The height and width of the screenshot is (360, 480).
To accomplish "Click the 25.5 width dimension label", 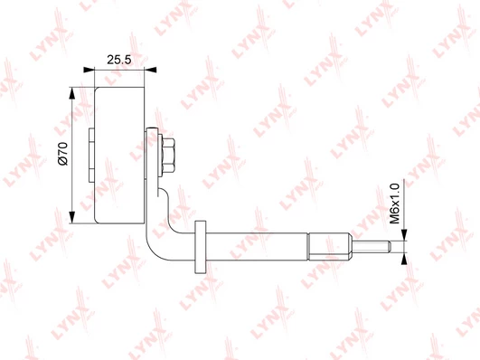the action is click(119, 60).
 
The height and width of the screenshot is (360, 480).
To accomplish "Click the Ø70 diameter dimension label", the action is click(63, 154).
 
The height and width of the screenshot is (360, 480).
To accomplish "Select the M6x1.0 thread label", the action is click(395, 204).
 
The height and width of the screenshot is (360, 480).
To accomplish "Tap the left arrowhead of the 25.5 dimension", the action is click(89, 70).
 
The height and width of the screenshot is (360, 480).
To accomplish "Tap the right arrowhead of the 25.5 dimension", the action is click(151, 70).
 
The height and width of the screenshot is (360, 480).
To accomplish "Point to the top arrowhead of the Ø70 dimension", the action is click(72, 93).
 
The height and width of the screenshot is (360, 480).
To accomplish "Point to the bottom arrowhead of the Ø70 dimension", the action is click(72, 217).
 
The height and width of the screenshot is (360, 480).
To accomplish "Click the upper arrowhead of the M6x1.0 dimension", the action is click(404, 234).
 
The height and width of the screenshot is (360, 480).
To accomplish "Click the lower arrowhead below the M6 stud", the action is click(404, 259).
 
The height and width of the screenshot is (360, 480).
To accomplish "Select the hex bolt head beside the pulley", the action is click(168, 156).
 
